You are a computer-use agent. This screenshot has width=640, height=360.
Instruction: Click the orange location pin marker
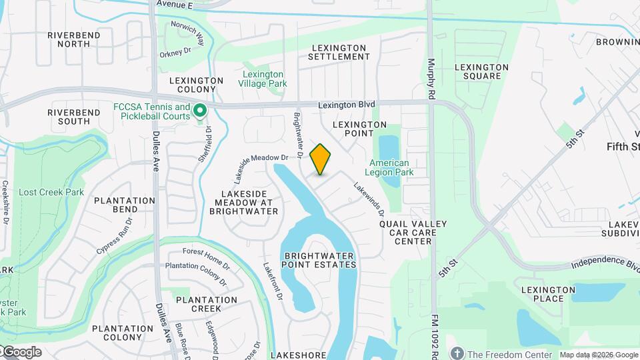point(321,159)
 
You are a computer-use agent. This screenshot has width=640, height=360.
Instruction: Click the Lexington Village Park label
point(263,79)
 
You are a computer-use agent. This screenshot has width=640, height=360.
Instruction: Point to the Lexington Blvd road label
point(347,105)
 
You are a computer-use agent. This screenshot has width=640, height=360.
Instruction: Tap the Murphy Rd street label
point(431,76)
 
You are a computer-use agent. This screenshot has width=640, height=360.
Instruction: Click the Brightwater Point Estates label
point(320,260)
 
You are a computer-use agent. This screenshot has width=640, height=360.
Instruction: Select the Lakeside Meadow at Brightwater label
point(243,202)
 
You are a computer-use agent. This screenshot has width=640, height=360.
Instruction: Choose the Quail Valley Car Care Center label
point(413,232)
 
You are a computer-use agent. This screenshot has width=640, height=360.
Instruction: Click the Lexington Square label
point(481,71)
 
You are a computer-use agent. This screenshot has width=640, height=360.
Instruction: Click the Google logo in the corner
point(21,352)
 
